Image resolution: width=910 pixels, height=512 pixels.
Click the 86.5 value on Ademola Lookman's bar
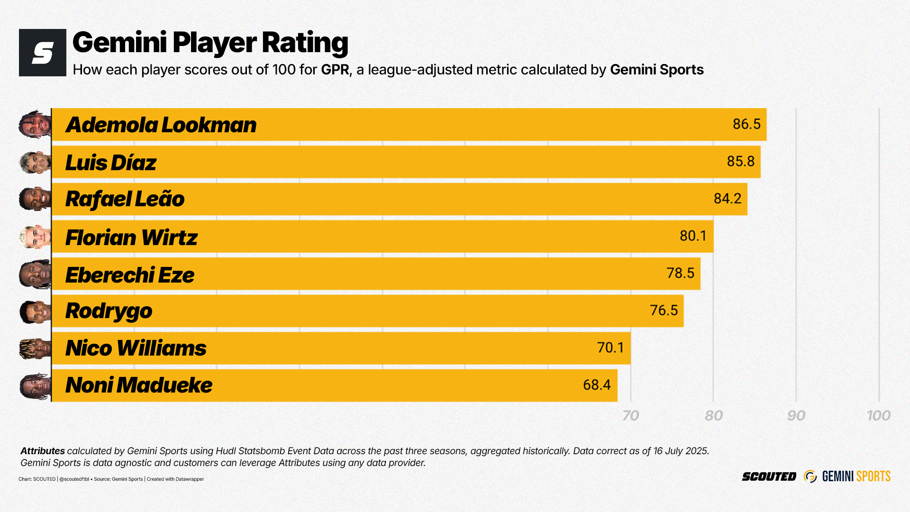click(x=746, y=124)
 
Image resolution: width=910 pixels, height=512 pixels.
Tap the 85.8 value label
click(x=740, y=161)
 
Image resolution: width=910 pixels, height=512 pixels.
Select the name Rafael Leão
click(x=125, y=199)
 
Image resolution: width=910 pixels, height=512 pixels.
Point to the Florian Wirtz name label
click(x=131, y=238)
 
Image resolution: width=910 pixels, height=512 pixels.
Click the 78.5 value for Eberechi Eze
click(x=680, y=273)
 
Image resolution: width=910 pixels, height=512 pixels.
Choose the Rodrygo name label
click(x=109, y=311)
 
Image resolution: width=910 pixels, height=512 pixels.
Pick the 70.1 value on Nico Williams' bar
click(x=610, y=347)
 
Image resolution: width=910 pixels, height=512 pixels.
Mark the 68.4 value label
click(x=597, y=384)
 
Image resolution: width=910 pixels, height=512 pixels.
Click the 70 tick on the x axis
click(x=630, y=416)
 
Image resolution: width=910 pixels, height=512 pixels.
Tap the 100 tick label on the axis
click(x=878, y=416)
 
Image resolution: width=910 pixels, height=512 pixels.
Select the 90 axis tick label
click(x=796, y=416)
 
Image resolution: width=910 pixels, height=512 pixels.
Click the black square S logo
click(x=43, y=53)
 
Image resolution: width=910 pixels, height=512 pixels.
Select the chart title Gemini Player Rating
click(x=210, y=42)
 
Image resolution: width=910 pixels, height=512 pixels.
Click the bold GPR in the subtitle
click(x=335, y=70)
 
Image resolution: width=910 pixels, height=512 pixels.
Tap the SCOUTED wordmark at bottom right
click(x=769, y=476)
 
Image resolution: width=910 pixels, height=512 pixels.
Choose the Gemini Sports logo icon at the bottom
click(x=810, y=476)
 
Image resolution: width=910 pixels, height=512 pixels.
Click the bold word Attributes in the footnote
click(x=43, y=451)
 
